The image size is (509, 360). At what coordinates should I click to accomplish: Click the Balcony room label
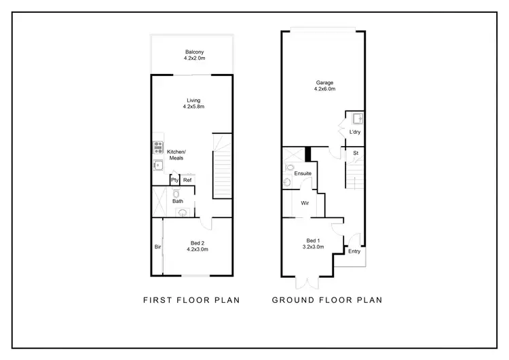pyautogui.click(x=194, y=52)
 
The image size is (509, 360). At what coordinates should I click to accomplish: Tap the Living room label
pyautogui.click(x=194, y=101)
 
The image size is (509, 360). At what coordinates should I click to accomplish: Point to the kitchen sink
pyautogui.click(x=157, y=164)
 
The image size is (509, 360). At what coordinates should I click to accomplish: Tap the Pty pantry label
pyautogui.click(x=174, y=181)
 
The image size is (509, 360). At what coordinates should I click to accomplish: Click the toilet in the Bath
pyautogui.click(x=175, y=193)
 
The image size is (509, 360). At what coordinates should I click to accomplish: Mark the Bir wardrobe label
pyautogui.click(x=157, y=247)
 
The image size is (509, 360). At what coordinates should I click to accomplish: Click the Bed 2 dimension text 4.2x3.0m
pyautogui.click(x=197, y=250)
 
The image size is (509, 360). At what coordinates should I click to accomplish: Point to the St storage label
pyautogui.click(x=355, y=154)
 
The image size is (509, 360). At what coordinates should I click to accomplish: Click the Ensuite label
pyautogui.click(x=303, y=174)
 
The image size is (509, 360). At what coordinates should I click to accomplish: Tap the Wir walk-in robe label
pyautogui.click(x=305, y=202)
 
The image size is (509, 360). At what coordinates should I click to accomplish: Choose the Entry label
pyautogui.click(x=354, y=251)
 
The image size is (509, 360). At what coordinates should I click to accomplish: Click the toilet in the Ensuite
pyautogui.click(x=290, y=167)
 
